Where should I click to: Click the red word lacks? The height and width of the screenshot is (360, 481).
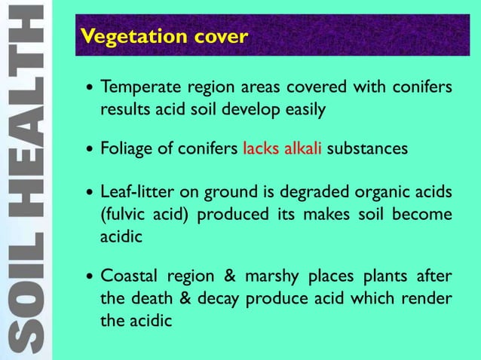click(261, 148)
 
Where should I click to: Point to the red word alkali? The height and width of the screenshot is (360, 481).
click(302, 148)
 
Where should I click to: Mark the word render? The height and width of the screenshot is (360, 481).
click(430, 298)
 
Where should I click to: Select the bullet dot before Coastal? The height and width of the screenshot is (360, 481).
click(90, 276)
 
